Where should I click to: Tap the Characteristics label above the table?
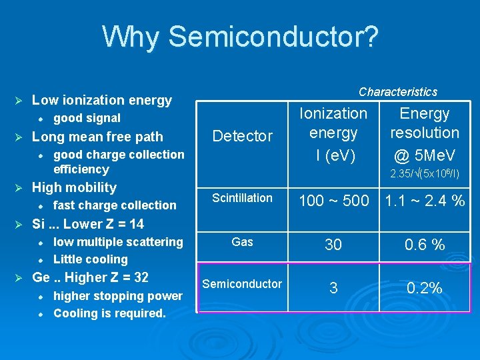398,92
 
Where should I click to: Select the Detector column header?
242,136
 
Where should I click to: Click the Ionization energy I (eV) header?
333,133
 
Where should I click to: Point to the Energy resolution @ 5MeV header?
425,133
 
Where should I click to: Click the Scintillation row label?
242,198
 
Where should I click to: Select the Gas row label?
242,242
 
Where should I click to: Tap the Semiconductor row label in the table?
242,284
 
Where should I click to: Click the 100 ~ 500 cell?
333,201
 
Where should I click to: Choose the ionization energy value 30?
333,245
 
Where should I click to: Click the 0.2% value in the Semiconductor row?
425,288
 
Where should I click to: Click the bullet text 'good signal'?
87,119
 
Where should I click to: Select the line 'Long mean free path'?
97,137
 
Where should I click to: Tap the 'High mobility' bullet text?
74,188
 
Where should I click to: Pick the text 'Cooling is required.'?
109,313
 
